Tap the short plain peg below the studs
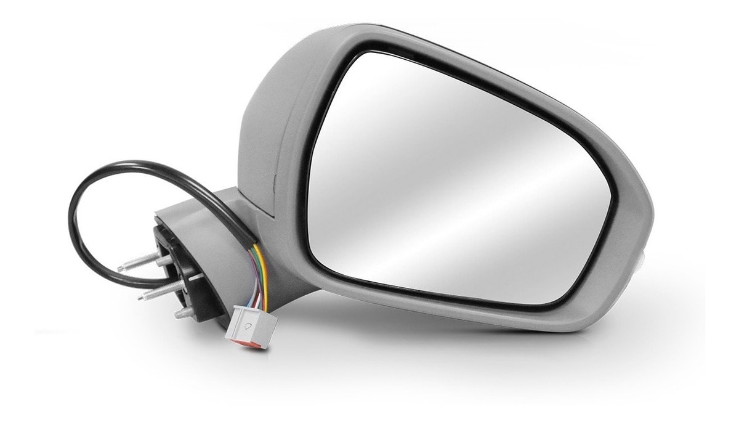pos(183,314)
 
